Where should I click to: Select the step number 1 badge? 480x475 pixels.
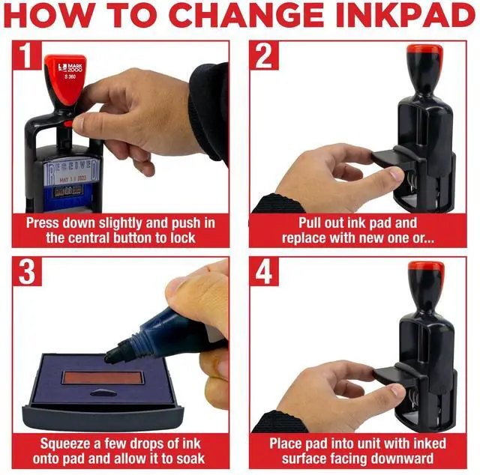(x=27, y=55)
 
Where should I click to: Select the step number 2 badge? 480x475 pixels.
(x=264, y=55)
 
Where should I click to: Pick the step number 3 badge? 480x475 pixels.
(x=27, y=272)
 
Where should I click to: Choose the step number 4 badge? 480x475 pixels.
(x=264, y=272)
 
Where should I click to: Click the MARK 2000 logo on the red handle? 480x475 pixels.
(x=70, y=68)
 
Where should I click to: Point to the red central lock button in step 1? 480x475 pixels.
(x=68, y=124)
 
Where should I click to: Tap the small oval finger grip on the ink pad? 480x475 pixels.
(x=103, y=393)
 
